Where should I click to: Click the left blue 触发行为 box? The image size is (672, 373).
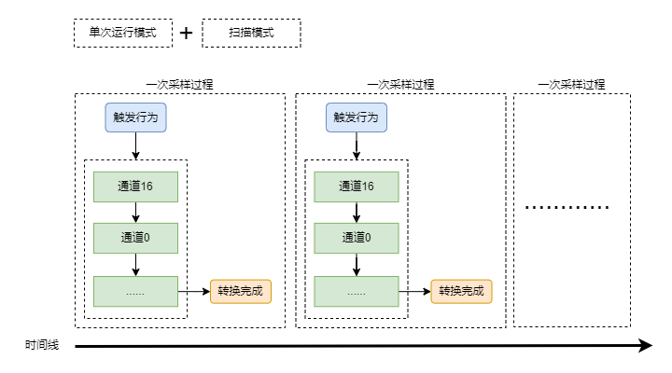[135, 117]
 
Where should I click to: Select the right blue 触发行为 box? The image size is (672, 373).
[356, 117]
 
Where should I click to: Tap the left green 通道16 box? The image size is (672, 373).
[135, 186]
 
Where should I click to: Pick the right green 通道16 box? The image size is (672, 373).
[356, 186]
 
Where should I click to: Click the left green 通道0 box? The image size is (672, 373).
[135, 238]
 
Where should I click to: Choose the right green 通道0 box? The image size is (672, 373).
[356, 238]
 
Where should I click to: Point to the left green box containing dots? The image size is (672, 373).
[135, 291]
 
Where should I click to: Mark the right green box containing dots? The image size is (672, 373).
[356, 291]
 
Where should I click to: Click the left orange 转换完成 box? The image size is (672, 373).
[240, 291]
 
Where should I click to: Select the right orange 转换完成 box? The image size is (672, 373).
[461, 291]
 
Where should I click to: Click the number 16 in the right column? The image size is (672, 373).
[368, 186]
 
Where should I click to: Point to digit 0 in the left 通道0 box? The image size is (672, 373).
[147, 238]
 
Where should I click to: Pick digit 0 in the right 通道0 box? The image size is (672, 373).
[368, 238]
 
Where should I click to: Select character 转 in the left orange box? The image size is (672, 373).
[223, 291]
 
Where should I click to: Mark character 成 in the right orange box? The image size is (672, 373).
[478, 291]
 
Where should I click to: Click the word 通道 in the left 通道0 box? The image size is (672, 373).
[131, 238]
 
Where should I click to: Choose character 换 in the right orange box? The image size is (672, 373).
[455, 291]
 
